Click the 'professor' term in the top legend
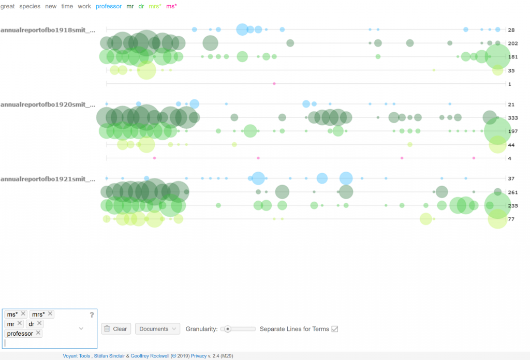109,6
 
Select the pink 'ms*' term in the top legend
171,6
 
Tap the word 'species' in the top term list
30,6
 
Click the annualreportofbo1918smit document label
48,30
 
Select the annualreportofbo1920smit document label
48,104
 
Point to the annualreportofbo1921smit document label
48,179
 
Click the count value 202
513,43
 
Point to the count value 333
513,118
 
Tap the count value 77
511,219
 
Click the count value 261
513,192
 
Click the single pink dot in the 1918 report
274,84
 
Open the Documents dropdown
157,329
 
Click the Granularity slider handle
228,329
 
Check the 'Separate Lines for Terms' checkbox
335,329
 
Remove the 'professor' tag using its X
38,333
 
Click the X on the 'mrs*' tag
50,314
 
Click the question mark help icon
92,315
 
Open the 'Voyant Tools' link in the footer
77,356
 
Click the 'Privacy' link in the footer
199,356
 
